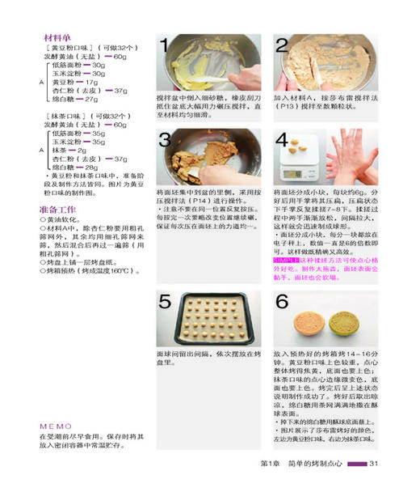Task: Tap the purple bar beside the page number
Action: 359,462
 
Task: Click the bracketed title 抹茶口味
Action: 69,117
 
